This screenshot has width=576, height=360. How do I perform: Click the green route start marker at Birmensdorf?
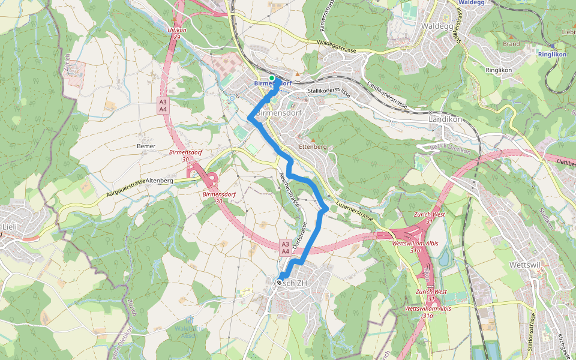tap(271, 78)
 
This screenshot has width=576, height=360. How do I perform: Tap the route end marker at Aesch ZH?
tap(280, 275)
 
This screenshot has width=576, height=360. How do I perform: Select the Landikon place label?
tap(445, 119)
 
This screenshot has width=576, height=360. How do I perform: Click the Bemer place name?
tap(146, 146)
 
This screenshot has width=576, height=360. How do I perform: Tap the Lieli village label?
tap(10, 226)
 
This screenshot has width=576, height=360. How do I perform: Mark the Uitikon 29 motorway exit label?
tap(176, 33)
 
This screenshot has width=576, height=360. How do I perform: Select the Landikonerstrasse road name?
tap(386, 95)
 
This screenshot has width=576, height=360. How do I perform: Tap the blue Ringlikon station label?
tap(552, 54)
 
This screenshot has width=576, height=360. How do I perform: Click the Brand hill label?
tap(511, 44)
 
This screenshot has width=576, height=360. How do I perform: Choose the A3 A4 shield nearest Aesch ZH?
tap(286, 247)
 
